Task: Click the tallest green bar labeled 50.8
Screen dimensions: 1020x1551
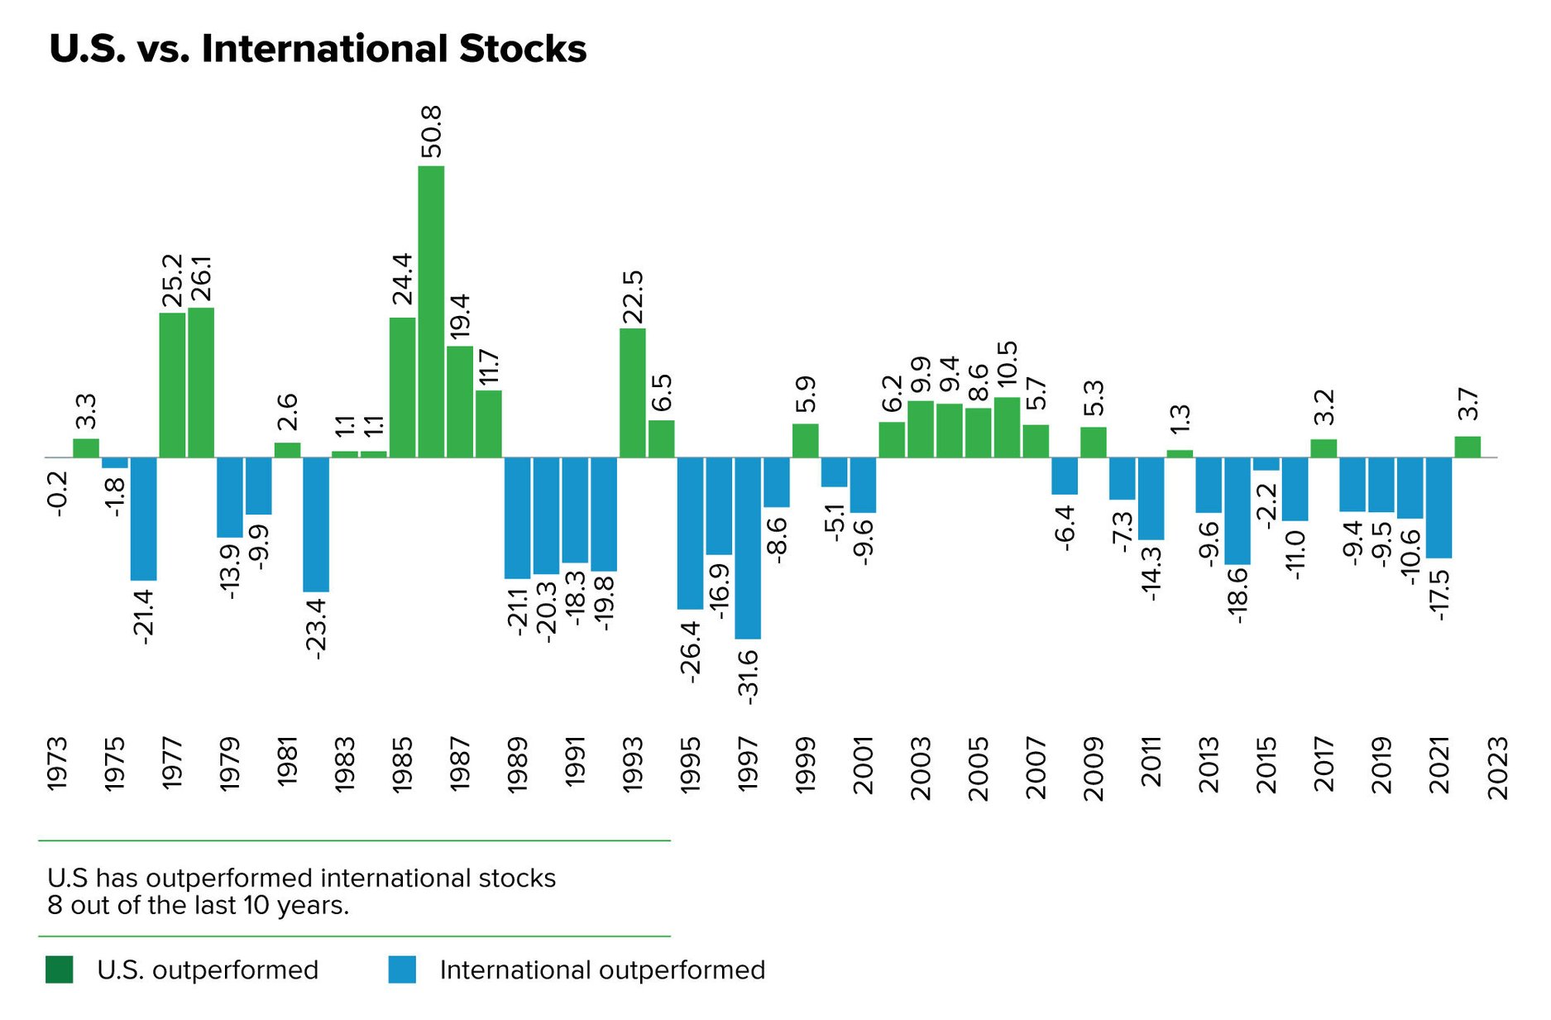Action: click(431, 311)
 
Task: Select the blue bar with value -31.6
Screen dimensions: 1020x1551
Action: click(748, 548)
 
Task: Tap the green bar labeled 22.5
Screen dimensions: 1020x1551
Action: click(633, 393)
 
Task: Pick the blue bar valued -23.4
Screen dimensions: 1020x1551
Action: click(316, 524)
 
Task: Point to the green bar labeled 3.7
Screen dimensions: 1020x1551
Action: click(1467, 447)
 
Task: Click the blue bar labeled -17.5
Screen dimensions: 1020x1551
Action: click(1439, 507)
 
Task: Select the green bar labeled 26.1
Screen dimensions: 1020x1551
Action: click(201, 382)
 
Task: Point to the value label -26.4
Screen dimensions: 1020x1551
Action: click(690, 652)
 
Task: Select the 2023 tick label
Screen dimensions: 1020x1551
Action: click(1498, 768)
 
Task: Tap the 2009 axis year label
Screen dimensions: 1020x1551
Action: click(1094, 768)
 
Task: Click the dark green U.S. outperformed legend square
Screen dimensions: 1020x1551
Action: click(60, 970)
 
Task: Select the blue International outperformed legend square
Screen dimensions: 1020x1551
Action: click(402, 970)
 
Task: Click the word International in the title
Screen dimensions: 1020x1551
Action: click(326, 49)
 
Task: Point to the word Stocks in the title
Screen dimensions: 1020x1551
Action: click(523, 49)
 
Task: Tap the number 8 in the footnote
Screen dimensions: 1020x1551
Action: click(55, 906)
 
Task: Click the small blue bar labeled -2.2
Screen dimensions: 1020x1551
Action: click(1266, 464)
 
